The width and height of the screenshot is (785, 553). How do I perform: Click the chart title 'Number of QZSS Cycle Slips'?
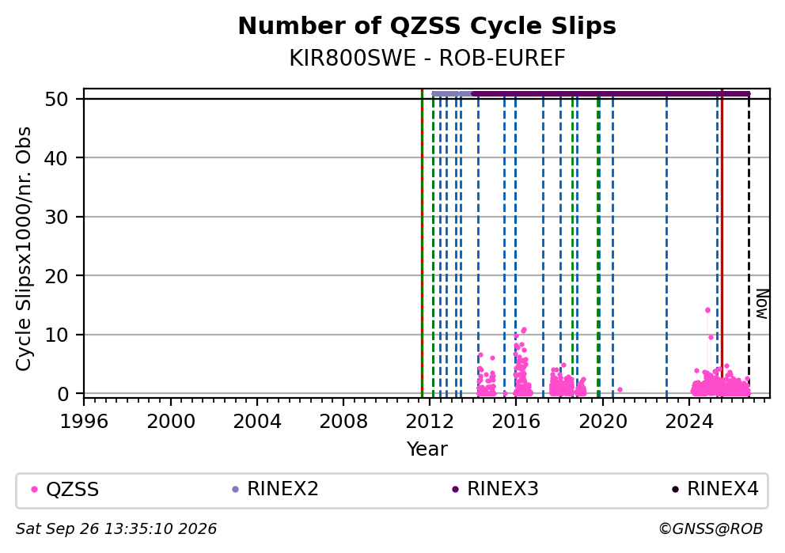(x=427, y=26)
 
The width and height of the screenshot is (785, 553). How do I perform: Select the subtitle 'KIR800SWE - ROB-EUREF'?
(x=427, y=59)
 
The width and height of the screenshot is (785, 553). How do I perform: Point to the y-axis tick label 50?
(x=56, y=99)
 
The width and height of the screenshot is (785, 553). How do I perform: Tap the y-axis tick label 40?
(x=56, y=158)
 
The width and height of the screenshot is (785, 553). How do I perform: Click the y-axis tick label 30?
(x=56, y=218)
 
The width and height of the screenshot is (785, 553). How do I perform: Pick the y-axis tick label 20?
(x=56, y=276)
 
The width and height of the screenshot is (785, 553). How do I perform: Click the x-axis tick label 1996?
(x=84, y=422)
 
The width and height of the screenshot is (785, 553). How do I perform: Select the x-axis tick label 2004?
(x=257, y=422)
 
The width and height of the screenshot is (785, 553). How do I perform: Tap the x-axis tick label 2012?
(x=430, y=422)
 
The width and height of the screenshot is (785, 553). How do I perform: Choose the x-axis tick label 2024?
(x=689, y=422)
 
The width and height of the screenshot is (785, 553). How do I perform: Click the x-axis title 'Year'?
(x=427, y=449)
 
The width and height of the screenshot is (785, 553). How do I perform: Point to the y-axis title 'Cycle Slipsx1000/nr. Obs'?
(x=23, y=248)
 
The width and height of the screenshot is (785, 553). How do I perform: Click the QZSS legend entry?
(x=65, y=489)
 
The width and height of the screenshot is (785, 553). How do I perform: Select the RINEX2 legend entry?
(x=275, y=489)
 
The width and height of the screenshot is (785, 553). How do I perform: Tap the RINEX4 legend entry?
(x=715, y=489)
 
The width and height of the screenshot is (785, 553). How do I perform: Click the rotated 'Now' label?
(x=761, y=304)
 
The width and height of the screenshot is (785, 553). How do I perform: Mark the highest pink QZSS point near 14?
(x=707, y=310)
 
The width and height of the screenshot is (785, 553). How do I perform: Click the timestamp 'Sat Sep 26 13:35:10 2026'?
(x=116, y=529)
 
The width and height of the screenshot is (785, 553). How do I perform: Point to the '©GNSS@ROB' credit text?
(x=711, y=529)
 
